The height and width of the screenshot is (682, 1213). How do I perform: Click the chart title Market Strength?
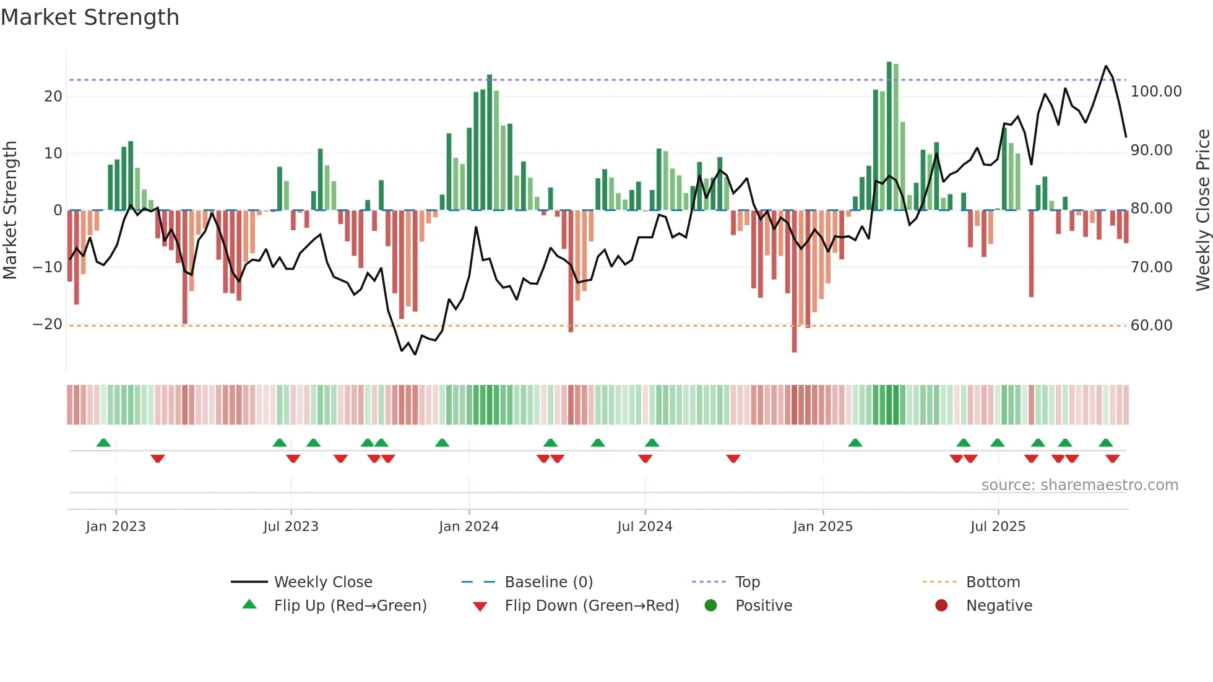pos(90,17)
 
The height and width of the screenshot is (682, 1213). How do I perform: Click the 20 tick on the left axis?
pos(53,97)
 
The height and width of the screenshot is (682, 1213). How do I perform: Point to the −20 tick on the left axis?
pos(48,324)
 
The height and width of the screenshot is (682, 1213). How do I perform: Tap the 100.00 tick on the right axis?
pos(1155,92)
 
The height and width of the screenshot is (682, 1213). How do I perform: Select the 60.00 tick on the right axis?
pos(1151,326)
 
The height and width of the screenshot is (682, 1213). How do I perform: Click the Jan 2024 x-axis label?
pos(468,527)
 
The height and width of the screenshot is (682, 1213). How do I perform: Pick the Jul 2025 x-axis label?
pos(998,527)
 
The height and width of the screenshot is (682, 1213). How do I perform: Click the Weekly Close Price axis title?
pos(1202,210)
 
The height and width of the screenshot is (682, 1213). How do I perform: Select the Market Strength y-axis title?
pos(10,210)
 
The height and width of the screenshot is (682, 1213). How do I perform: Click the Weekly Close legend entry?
pos(323,582)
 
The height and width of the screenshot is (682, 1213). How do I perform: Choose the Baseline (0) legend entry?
pos(548,582)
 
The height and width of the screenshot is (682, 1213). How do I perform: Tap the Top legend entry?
pos(747,582)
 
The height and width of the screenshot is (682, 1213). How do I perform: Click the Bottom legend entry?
pos(993,582)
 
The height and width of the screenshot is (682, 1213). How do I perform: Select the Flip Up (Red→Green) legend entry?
pos(350,606)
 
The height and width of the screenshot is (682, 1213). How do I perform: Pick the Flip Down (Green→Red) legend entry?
pos(592,606)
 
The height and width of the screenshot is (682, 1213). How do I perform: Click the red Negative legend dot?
pos(941,606)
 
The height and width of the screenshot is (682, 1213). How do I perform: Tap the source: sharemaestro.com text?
pos(1079,485)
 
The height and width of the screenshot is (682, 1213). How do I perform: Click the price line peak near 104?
pos(1106,66)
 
